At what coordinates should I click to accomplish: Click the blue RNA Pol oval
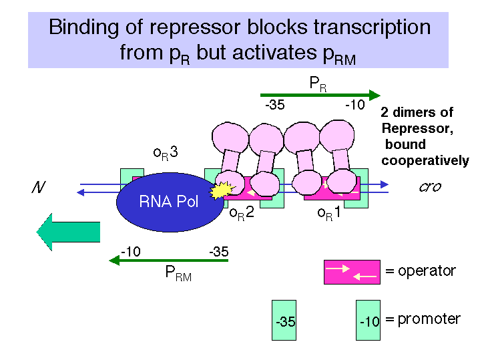[170, 202]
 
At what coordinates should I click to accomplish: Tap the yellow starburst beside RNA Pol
[222, 190]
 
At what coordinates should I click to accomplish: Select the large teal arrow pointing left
[68, 232]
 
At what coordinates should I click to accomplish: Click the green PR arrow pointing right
[320, 95]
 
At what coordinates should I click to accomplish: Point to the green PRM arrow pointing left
[169, 260]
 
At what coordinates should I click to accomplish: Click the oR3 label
[166, 152]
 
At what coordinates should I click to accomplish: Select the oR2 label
[242, 212]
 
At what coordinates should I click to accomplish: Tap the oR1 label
[329, 212]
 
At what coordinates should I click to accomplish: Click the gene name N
[39, 187]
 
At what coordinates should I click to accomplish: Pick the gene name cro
[430, 187]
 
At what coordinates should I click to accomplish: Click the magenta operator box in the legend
[352, 272]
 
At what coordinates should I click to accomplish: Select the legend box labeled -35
[284, 320]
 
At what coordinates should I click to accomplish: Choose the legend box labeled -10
[368, 320]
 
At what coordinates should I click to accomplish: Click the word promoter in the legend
[429, 319]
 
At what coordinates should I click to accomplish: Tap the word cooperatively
[425, 161]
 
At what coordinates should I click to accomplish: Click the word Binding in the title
[83, 27]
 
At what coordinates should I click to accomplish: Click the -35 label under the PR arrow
[275, 105]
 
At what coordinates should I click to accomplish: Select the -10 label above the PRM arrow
[131, 252]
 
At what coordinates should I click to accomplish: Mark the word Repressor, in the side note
[417, 129]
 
